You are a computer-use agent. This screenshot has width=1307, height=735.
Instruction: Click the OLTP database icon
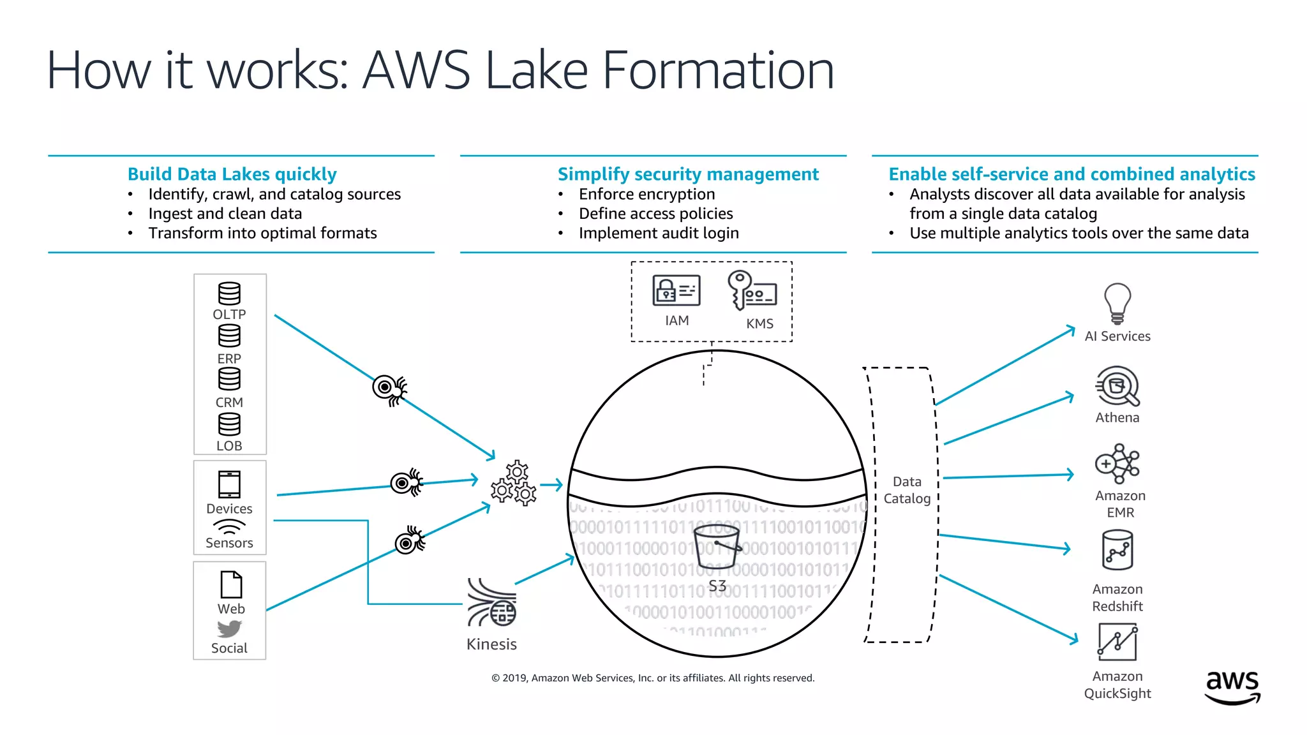tap(229, 293)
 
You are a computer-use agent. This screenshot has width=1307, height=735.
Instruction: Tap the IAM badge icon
tap(676, 290)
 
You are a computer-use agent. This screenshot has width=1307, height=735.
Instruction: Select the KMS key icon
tap(751, 291)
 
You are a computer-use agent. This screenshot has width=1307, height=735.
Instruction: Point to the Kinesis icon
tap(491, 603)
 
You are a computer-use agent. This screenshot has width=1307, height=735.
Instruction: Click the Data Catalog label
tap(907, 490)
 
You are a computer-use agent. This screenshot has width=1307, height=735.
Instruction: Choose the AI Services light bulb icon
tap(1117, 303)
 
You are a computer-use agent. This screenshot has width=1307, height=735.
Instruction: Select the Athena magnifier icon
tap(1117, 385)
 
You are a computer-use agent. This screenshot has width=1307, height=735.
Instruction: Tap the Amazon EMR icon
tap(1117, 464)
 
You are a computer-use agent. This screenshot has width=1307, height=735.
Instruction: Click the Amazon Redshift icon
tap(1117, 551)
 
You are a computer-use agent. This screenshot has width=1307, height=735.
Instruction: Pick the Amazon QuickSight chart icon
tap(1117, 642)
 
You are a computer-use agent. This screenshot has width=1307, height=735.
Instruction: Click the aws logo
tap(1232, 687)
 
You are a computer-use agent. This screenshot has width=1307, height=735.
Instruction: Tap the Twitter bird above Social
tap(229, 629)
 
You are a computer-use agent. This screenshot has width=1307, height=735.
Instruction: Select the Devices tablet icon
tap(229, 484)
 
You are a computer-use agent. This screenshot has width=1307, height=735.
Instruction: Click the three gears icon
tap(514, 484)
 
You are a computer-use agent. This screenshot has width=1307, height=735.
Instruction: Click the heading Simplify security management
tap(688, 174)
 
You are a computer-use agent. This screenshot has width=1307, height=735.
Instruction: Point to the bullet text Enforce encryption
tap(646, 194)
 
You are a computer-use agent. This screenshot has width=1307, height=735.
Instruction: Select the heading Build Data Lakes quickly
tap(232, 174)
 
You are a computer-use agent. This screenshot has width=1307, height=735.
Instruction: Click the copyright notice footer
tap(653, 678)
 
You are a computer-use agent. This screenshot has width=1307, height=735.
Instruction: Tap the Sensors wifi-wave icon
tap(229, 526)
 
